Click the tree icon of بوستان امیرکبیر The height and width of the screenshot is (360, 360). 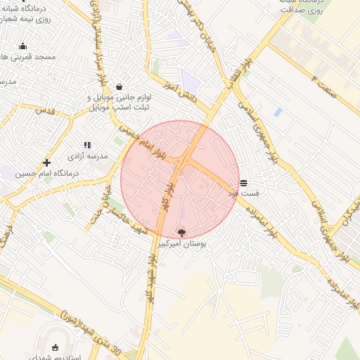(x=181, y=232)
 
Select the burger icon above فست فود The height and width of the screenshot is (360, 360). (x=243, y=181)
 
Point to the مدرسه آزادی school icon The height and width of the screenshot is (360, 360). (x=87, y=145)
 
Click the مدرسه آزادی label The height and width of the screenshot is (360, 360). (x=88, y=156)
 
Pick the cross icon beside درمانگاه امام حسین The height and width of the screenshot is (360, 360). (x=46, y=162)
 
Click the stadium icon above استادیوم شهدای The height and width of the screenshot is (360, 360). (x=56, y=347)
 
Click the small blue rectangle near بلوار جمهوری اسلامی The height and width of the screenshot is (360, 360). (x=278, y=112)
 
